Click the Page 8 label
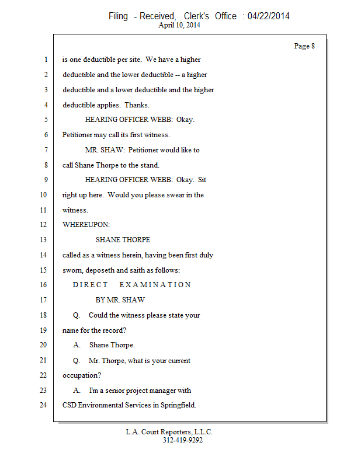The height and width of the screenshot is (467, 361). [304, 46]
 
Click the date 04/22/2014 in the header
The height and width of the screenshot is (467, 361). [268, 16]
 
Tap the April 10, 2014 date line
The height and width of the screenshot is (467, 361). [179, 26]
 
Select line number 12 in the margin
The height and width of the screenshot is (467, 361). [44, 225]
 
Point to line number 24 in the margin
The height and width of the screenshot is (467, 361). [44, 405]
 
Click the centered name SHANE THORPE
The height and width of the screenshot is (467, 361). [123, 240]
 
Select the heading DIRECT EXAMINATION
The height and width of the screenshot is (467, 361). [132, 285]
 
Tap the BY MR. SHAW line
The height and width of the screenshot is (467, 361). [120, 300]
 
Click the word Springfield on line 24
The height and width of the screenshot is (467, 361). [177, 405]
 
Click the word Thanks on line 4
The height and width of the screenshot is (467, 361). [136, 105]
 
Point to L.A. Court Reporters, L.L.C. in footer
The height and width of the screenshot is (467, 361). [169, 432]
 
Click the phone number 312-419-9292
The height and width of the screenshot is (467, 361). [183, 440]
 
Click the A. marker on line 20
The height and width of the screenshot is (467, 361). [77, 345]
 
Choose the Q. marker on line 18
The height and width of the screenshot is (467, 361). [77, 315]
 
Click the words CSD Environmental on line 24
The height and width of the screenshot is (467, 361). [93, 405]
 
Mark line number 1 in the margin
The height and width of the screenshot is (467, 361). [45, 60]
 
